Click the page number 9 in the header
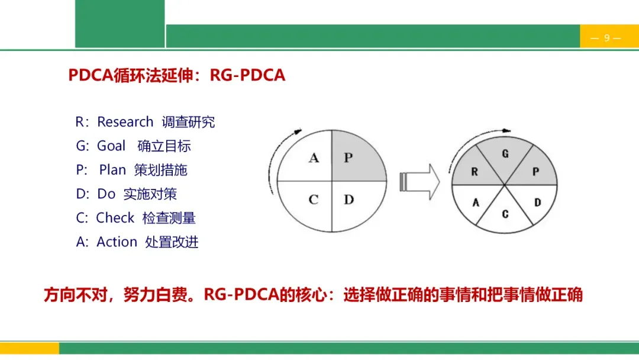tap(606, 38)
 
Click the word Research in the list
tap(125, 122)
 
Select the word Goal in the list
tap(111, 146)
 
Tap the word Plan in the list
tap(112, 170)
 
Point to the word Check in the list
tap(115, 218)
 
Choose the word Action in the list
tap(117, 242)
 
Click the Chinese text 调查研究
tap(188, 122)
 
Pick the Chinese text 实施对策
tap(150, 194)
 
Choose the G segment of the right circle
tap(505, 155)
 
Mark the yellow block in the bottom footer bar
tap(30, 348)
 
